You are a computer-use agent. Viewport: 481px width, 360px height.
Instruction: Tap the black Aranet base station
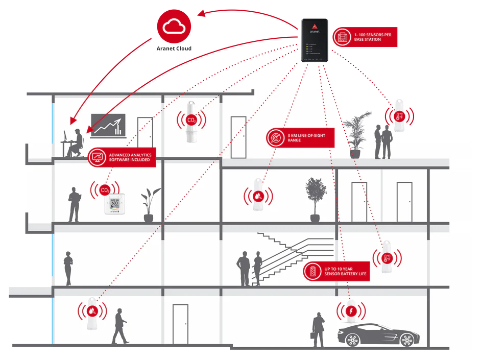314,40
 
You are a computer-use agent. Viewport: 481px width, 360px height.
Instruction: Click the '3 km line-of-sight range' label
300,137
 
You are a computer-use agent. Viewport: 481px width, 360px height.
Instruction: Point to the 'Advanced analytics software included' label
122,157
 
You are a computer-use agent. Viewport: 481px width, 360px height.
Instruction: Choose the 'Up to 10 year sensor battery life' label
336,271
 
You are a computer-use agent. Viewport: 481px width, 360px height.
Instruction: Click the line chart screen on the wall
108,126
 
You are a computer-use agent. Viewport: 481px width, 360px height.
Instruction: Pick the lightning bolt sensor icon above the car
351,311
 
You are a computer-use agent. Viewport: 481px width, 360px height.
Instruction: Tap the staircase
286,258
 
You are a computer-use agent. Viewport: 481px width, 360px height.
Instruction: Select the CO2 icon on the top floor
191,121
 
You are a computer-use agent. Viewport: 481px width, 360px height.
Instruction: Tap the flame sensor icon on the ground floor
92,310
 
